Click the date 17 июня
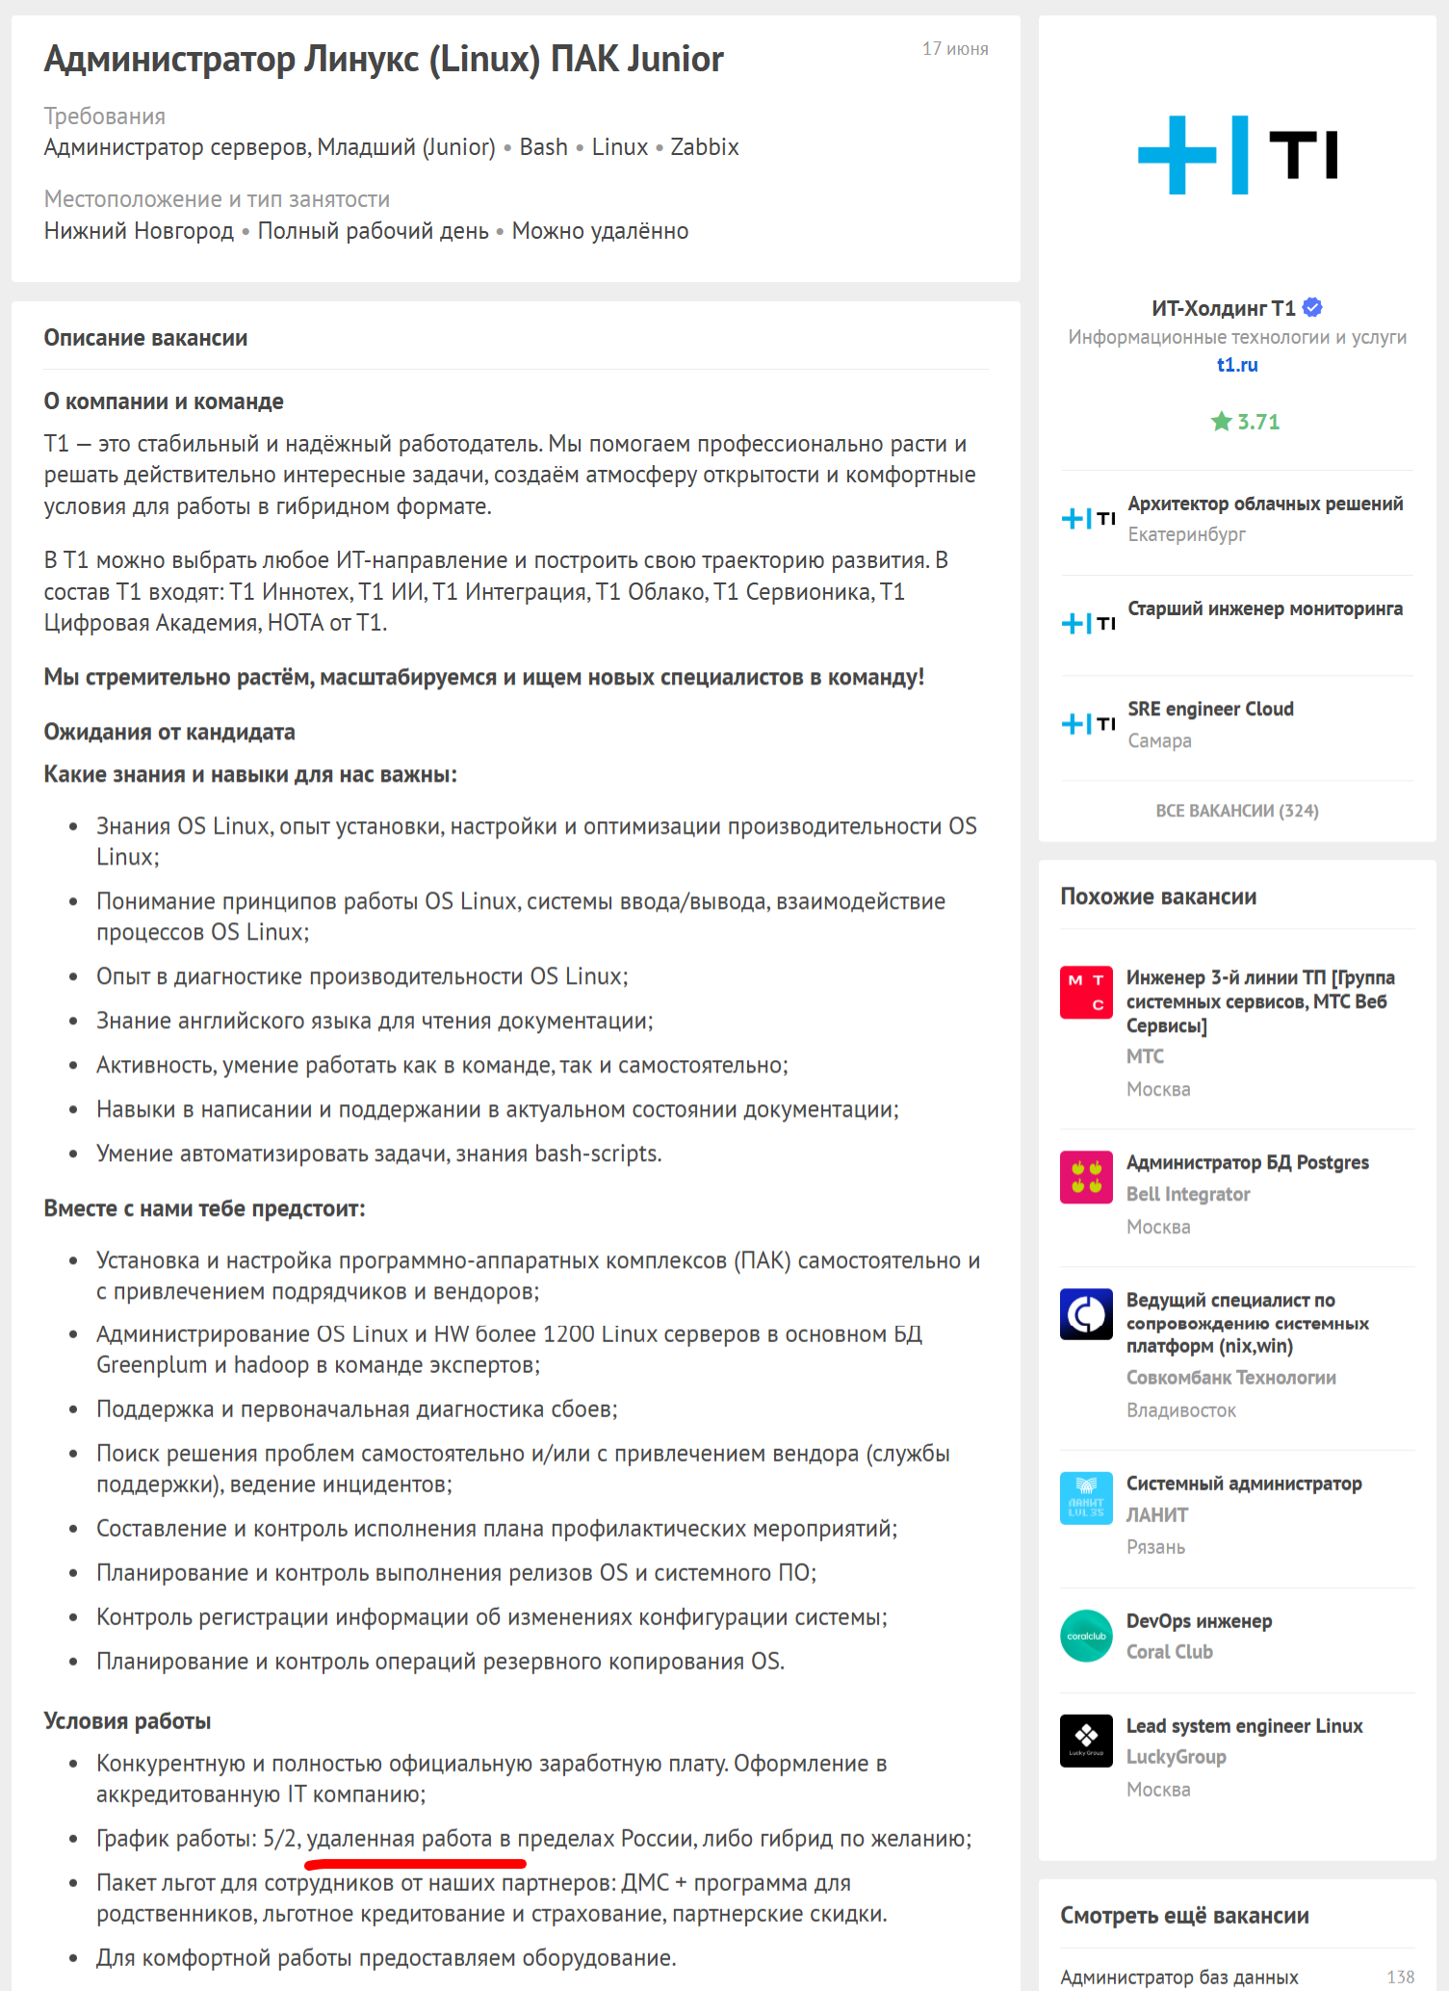(x=954, y=49)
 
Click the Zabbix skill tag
(x=704, y=147)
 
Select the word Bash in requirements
(x=543, y=147)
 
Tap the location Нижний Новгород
(x=139, y=231)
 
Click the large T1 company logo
(x=1236, y=155)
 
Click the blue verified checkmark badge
(x=1312, y=308)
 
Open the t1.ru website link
(x=1236, y=365)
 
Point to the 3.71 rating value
(x=1257, y=422)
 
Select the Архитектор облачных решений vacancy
(x=1264, y=504)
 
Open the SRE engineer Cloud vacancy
(x=1210, y=709)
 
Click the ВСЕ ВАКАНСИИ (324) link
(x=1236, y=811)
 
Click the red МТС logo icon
(x=1086, y=992)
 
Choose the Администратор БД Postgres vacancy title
(x=1247, y=1162)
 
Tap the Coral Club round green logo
(x=1086, y=1636)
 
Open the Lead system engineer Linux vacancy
(x=1244, y=1725)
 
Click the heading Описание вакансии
(x=145, y=338)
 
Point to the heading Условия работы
(x=127, y=1720)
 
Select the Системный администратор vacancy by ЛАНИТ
(x=1243, y=1484)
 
